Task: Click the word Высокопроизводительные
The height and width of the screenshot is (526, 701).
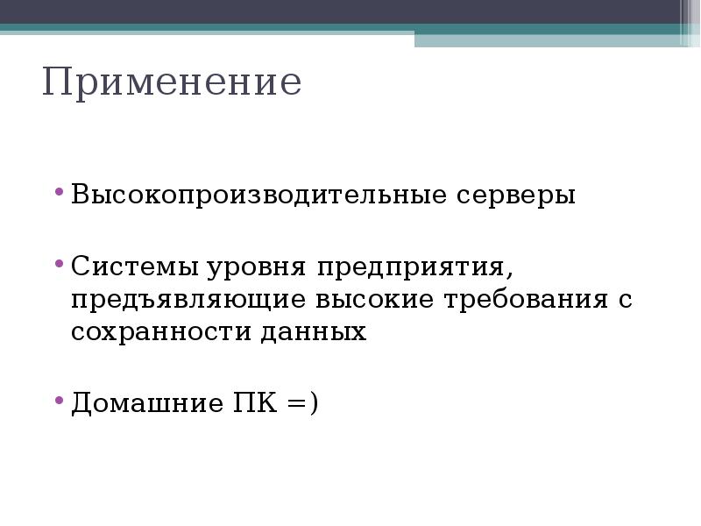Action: pyautogui.click(x=259, y=195)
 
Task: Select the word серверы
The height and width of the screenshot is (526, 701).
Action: pyautogui.click(x=518, y=195)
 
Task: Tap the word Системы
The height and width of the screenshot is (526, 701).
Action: pyautogui.click(x=136, y=264)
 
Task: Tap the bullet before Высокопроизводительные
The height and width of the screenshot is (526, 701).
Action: pyautogui.click(x=59, y=190)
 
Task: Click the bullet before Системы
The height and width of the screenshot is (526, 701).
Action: pyautogui.click(x=59, y=260)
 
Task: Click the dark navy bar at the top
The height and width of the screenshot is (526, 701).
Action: pyautogui.click(x=342, y=11)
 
